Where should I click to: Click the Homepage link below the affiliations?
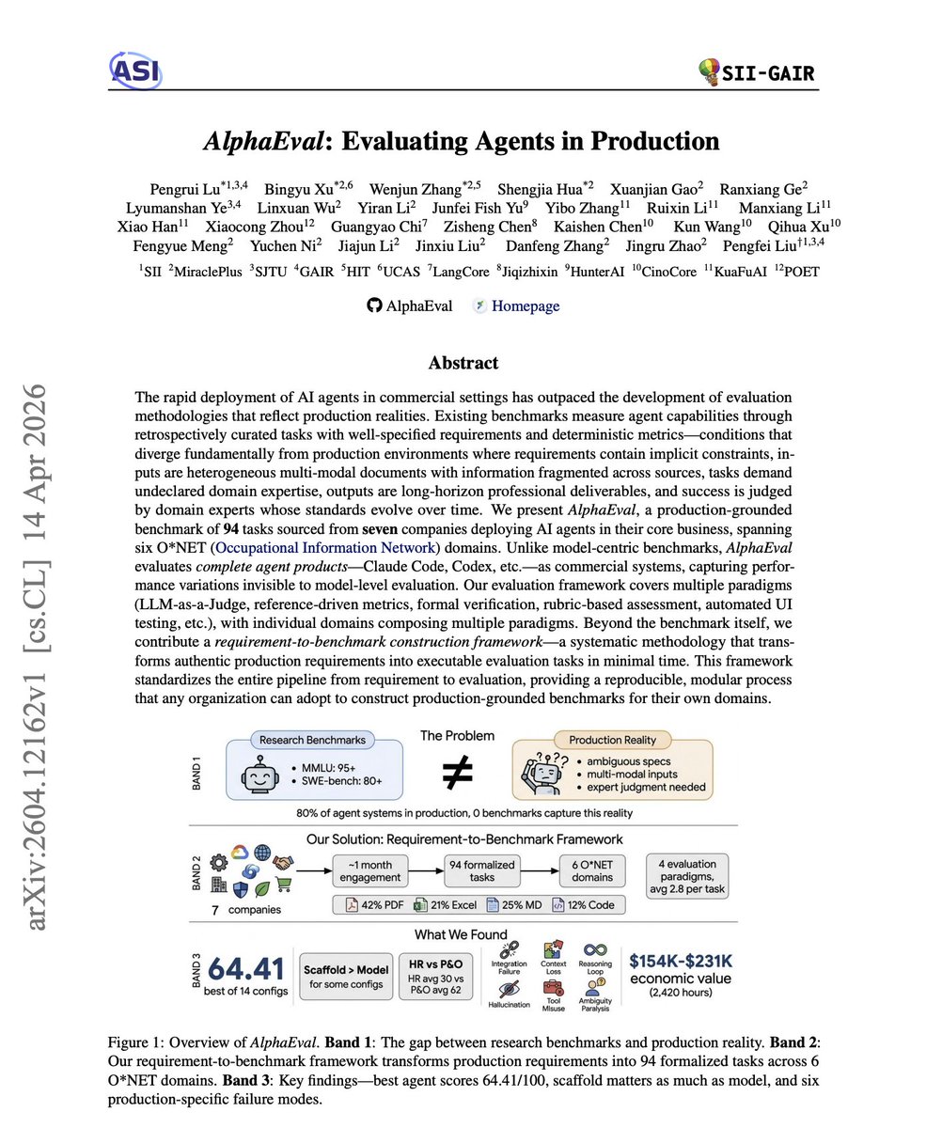tap(525, 305)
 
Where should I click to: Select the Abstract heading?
tap(463, 363)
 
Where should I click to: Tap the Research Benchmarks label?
tap(313, 740)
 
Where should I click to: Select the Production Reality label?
tap(612, 741)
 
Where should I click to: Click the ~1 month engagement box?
tap(371, 870)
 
